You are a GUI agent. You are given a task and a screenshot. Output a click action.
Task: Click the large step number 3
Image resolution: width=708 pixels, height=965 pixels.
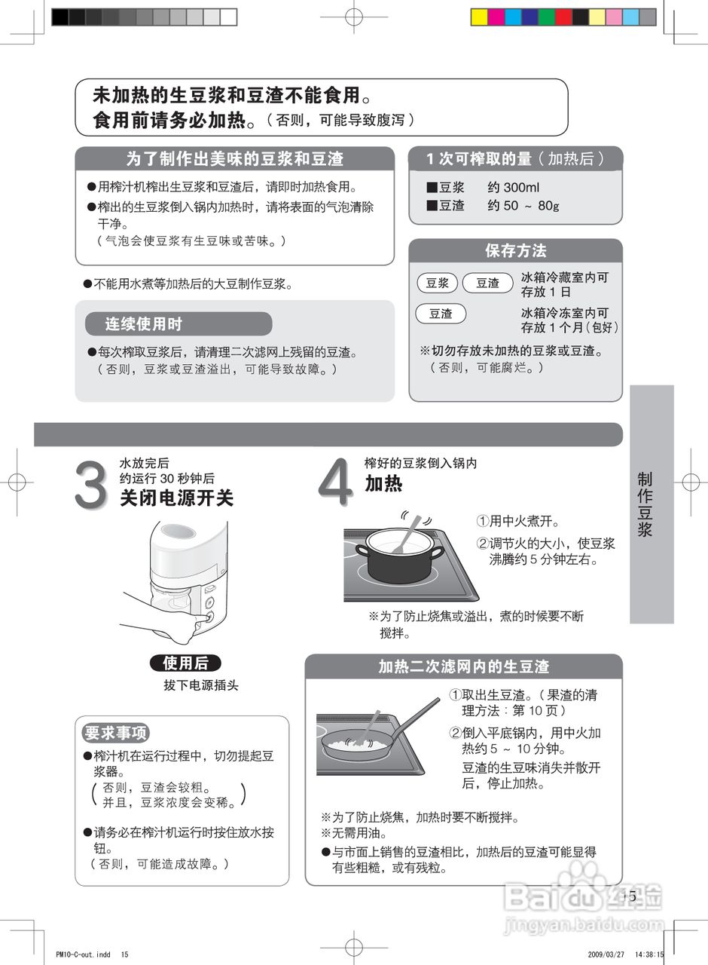91,484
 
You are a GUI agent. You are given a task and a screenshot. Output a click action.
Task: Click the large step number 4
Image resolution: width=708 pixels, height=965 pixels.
335,482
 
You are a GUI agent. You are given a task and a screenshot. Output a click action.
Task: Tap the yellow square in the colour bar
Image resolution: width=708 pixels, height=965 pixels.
480,17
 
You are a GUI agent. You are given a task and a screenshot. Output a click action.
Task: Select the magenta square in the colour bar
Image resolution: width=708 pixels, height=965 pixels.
496,17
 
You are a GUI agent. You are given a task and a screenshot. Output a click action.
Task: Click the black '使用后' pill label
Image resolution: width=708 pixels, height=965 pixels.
185,663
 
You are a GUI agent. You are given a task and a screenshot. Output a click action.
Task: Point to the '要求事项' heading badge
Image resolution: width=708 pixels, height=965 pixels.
116,732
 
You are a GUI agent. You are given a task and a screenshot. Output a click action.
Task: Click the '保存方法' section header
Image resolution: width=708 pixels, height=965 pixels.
516,251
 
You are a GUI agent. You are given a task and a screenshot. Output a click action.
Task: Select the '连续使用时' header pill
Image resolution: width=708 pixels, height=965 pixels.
179,323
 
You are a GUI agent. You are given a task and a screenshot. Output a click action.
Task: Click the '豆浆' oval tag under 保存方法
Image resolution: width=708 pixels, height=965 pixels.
438,283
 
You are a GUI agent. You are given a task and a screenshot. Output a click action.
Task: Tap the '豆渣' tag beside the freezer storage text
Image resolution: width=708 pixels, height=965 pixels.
441,314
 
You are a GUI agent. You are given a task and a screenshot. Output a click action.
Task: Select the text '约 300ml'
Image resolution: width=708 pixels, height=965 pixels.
513,188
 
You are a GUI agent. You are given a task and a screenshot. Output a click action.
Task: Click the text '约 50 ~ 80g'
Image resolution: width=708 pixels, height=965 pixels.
523,206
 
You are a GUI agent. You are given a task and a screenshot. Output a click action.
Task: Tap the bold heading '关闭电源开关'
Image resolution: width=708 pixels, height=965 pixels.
177,498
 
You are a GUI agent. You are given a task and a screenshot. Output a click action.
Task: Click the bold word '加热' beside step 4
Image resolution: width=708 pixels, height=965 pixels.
383,483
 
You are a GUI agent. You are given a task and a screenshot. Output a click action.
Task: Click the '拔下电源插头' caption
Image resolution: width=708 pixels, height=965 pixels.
201,685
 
